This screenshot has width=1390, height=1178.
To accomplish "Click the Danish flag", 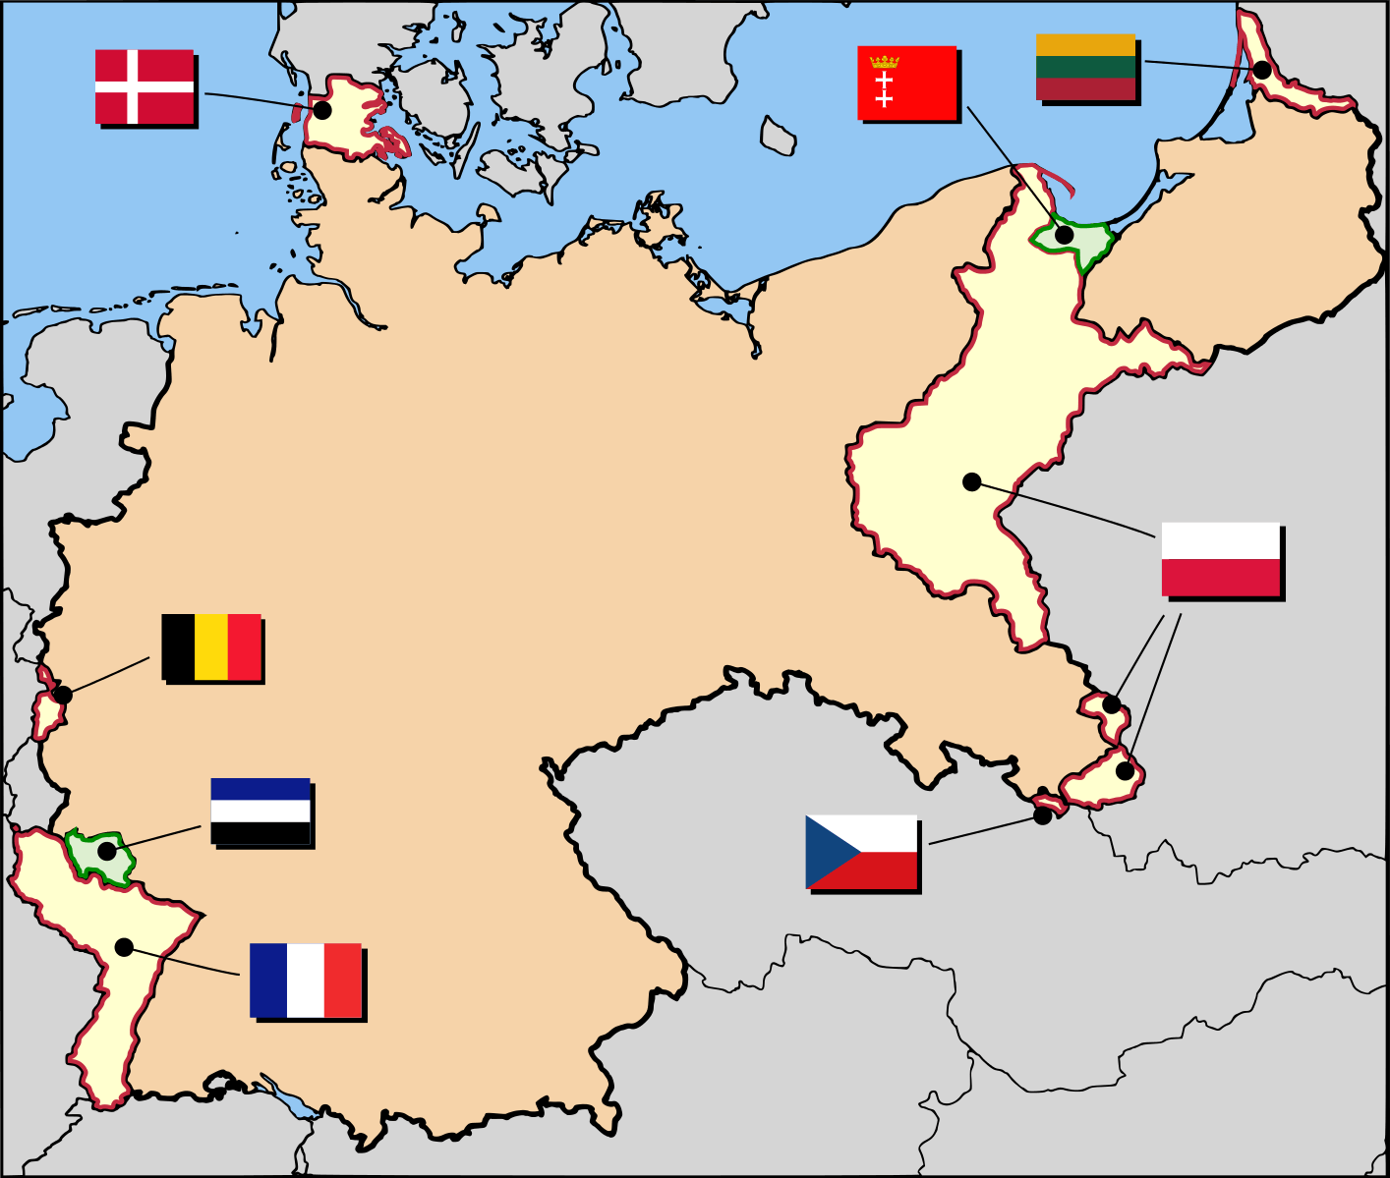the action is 145,86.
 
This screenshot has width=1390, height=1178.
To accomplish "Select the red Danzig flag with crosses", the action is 906,83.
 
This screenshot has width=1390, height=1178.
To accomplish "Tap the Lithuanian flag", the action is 1085,67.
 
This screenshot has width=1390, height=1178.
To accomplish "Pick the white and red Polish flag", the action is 1221,559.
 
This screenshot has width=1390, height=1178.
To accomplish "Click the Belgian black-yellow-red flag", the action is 211,646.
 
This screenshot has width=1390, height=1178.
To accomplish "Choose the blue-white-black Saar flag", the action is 261,811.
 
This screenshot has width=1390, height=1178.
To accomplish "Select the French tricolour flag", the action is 306,980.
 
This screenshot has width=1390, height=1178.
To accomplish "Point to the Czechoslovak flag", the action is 861,852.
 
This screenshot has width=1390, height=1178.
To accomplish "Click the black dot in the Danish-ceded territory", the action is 321,110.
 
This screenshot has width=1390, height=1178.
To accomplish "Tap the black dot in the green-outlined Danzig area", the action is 1064,235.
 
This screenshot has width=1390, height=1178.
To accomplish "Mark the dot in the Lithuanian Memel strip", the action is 1262,70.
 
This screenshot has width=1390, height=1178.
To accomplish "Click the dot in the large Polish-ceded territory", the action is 971,481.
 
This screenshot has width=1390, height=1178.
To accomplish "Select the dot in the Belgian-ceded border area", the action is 63,695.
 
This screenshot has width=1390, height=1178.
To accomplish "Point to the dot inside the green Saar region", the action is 106,851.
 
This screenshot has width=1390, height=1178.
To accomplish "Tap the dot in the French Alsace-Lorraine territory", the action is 124,947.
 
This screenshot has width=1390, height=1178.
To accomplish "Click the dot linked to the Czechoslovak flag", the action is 1042,815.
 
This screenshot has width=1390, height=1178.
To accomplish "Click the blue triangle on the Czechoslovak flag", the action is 826,852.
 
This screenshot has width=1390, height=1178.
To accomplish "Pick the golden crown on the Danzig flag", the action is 884,62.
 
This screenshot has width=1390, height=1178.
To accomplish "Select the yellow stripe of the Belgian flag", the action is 211,646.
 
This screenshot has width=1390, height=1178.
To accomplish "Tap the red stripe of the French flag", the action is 342,980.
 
